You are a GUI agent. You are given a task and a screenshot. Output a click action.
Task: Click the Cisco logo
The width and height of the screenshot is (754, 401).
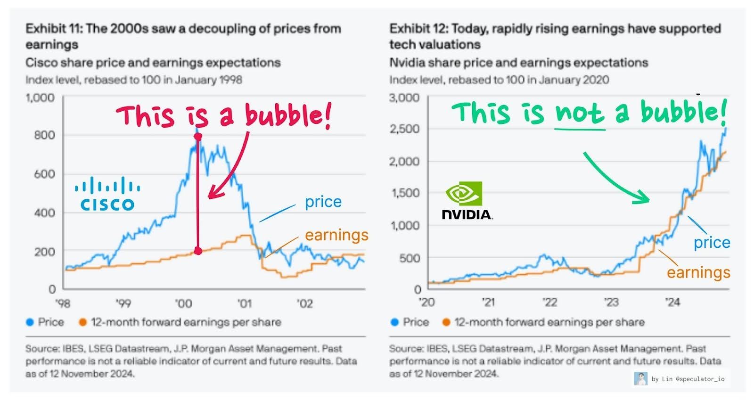point(107,194)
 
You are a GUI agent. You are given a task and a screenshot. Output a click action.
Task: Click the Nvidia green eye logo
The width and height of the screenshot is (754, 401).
point(464,194)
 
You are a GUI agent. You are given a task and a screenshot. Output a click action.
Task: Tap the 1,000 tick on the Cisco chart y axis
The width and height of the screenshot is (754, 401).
point(40,98)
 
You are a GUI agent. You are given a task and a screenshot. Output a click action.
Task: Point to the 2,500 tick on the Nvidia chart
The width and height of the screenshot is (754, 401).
point(404,129)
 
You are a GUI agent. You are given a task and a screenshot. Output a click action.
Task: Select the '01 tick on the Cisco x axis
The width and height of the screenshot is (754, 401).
point(244,303)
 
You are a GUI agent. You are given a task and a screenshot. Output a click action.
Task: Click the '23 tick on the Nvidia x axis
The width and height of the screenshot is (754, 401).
point(611,302)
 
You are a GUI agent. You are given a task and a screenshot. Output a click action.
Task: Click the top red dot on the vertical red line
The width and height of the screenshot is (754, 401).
point(198,137)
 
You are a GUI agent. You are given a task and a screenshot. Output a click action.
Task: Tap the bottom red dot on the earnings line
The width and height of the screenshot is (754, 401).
point(198,251)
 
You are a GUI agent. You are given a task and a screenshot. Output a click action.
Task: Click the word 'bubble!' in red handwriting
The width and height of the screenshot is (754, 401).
point(287,115)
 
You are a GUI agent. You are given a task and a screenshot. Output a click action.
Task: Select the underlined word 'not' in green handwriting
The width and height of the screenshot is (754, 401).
point(579,113)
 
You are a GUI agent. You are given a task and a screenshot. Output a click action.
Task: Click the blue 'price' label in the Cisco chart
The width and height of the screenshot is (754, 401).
point(323,202)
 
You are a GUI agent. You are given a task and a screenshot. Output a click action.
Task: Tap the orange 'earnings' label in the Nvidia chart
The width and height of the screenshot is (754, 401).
point(698,272)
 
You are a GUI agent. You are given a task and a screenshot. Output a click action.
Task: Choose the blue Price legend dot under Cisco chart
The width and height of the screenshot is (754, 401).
point(30,322)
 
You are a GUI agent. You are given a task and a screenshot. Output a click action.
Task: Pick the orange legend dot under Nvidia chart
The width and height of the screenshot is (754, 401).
point(446,322)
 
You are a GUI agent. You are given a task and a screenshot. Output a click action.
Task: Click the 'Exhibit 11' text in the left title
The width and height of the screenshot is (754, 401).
point(53,29)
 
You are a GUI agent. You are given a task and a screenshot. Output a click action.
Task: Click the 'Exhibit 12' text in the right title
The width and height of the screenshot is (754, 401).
point(418,29)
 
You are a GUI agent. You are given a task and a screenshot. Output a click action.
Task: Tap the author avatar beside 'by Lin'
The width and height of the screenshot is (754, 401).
point(640,378)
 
